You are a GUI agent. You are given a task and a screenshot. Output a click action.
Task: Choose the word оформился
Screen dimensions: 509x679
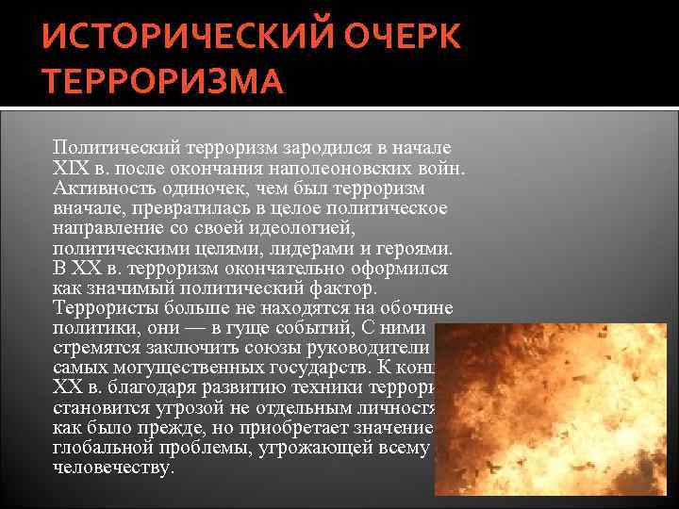point(402,269)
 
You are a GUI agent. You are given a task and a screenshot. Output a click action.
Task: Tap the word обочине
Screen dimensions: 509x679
point(417,309)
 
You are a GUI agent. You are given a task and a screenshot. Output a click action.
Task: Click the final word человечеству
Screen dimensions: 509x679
point(114,468)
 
